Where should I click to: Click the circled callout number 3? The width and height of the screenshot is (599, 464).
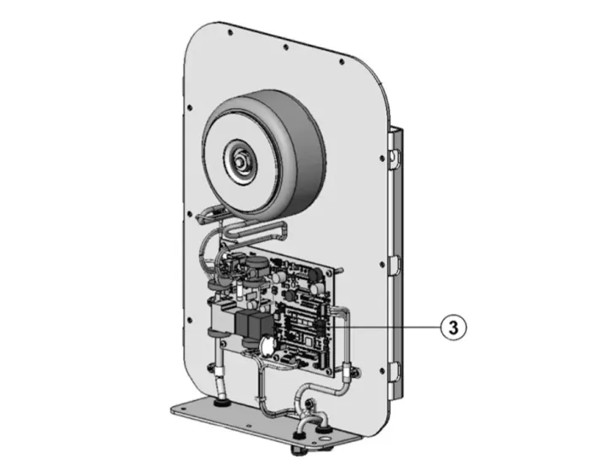coord(453,327)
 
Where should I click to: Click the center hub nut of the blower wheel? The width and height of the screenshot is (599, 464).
coord(240,160)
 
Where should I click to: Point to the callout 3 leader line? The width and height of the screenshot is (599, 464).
coord(386,327)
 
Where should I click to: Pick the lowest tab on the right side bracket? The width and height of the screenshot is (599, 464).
coord(395,371)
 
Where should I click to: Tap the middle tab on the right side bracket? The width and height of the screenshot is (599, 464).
coord(395,263)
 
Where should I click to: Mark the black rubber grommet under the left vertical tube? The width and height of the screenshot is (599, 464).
coord(219,402)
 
